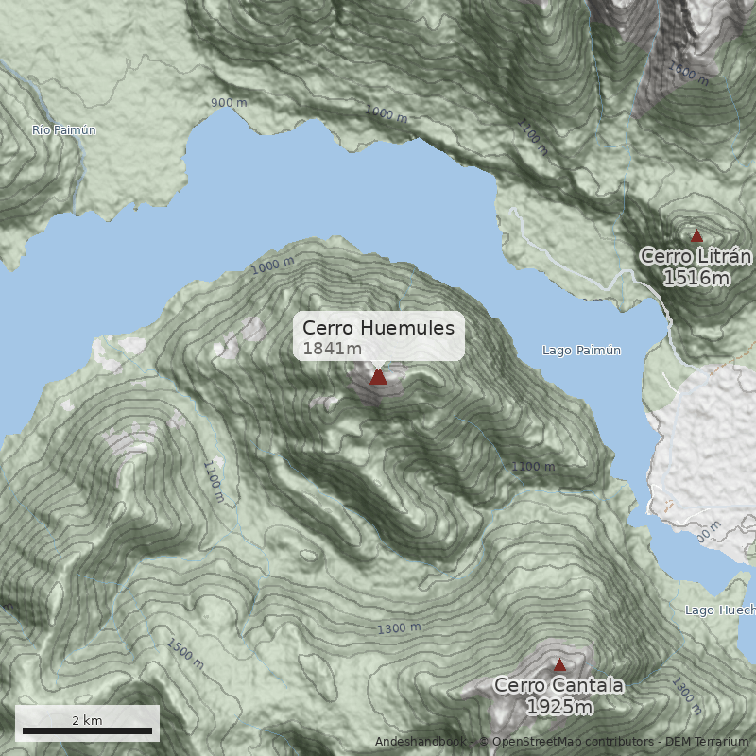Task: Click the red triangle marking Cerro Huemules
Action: tap(378, 376)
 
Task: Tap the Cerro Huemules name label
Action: tap(378, 328)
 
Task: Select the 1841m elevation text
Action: tap(332, 349)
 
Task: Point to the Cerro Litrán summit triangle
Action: tap(697, 235)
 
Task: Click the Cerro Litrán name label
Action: tap(696, 256)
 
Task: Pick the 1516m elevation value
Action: tap(696, 278)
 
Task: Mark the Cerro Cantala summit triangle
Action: tap(559, 664)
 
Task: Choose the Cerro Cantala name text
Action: tap(558, 685)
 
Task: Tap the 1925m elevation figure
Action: tap(559, 707)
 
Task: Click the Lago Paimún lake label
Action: tap(581, 351)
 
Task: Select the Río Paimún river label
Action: tap(63, 129)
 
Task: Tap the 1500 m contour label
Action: tap(185, 654)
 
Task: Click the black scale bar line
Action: tap(87, 731)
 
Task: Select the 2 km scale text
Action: tap(87, 720)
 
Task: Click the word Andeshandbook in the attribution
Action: tap(420, 742)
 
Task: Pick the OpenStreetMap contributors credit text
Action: tap(567, 742)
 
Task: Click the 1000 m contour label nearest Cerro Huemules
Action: tap(273, 266)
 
